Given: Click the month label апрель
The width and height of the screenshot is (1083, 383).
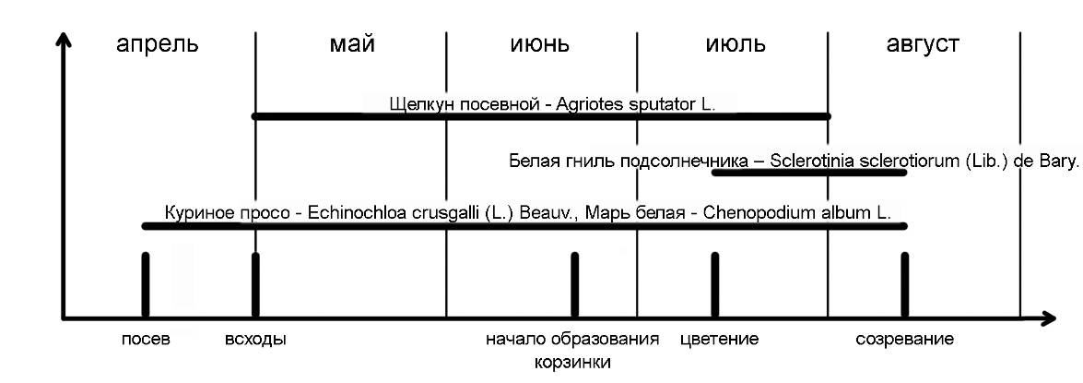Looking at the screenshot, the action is tap(157, 43).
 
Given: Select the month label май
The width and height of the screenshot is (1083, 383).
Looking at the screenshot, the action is tap(351, 43).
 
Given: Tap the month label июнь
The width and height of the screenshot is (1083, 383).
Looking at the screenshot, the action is tap(539, 43).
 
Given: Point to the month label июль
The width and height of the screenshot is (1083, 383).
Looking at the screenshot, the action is tap(735, 43).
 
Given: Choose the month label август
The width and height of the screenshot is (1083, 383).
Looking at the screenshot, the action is tap(923, 43).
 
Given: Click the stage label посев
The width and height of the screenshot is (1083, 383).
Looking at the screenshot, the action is tap(146, 339).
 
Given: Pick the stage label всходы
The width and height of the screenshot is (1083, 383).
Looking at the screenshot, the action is tap(255, 339).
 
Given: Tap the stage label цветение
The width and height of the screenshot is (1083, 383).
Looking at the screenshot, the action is tap(719, 339).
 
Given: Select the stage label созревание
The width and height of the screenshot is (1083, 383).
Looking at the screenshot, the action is tap(904, 339).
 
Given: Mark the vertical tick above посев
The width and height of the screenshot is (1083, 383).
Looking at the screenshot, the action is tap(146, 284).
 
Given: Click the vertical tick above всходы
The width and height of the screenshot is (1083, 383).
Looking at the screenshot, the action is tap(255, 284).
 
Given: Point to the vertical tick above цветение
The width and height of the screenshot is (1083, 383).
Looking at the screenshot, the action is tap(714, 284).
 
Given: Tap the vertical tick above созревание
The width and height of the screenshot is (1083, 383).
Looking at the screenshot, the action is tap(905, 284).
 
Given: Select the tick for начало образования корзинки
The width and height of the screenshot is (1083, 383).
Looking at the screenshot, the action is tap(574, 284).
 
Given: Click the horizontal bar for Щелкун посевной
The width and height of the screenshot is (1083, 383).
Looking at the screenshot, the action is tap(542, 116).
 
